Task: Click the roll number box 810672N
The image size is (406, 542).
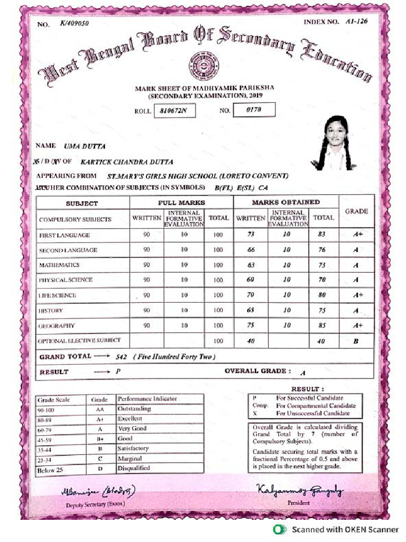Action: point(173,111)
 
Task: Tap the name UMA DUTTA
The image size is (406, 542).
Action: point(85,146)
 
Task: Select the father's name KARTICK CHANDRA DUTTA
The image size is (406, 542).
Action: point(126,162)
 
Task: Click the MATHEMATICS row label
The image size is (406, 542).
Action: point(59,265)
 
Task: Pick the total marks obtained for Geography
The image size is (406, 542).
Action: point(322,326)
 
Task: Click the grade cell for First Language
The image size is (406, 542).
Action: point(357,234)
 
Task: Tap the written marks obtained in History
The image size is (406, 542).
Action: point(251,311)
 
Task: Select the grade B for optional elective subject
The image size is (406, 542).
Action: point(355,342)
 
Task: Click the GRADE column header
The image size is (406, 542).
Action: point(356,211)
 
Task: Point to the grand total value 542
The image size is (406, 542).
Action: point(122,357)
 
